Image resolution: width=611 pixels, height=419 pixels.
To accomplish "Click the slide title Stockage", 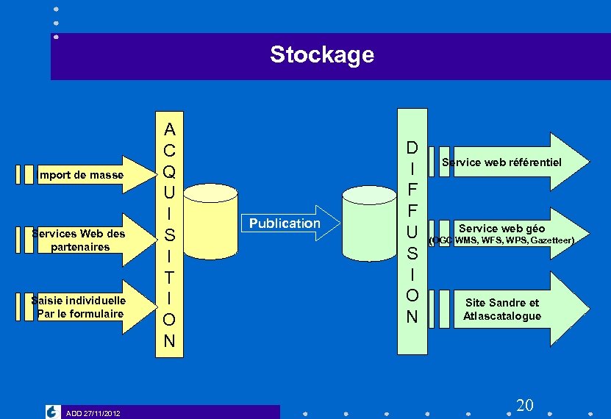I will pyautogui.click(x=321, y=54).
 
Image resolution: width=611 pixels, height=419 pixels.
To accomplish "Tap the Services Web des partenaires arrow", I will pyautogui.click(x=81, y=240).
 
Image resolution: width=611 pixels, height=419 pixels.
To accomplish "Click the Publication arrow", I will pyautogui.click(x=285, y=223).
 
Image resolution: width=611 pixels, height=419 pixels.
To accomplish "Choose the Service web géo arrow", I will pyautogui.click(x=507, y=234).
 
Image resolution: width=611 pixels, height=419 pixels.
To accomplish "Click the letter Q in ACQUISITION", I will pyautogui.click(x=169, y=171).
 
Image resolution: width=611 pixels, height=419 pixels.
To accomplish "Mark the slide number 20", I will pyautogui.click(x=524, y=405).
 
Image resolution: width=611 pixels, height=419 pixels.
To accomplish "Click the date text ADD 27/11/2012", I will pyautogui.click(x=93, y=413).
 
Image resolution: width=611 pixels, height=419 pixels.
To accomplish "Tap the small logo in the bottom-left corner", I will pyautogui.click(x=52, y=412).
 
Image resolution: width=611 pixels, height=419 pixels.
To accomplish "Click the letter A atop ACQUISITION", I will pyautogui.click(x=169, y=130).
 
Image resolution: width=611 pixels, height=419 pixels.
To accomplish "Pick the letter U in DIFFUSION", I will pyautogui.click(x=412, y=233).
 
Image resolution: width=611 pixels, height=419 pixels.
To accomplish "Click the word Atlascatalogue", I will pyautogui.click(x=501, y=316).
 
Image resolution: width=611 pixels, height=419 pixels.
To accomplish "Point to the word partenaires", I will pyautogui.click(x=80, y=247).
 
